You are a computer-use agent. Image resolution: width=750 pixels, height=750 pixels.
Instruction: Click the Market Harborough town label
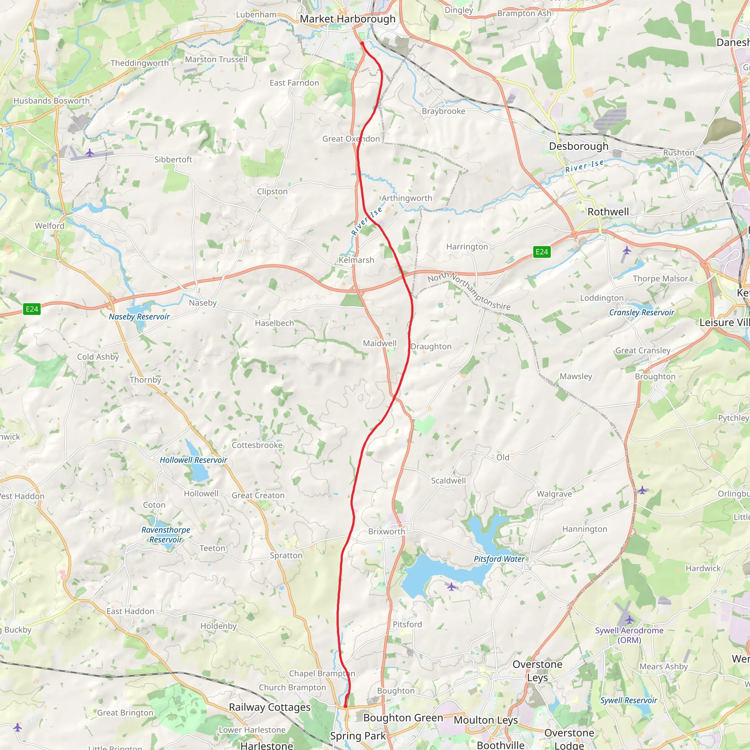pos(348,19)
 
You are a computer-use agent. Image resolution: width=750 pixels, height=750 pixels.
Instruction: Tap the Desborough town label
pos(578,146)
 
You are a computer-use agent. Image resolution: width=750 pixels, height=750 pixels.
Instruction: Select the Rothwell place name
pos(608,212)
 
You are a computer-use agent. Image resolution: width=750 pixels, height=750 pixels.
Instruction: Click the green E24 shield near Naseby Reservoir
pos(32,309)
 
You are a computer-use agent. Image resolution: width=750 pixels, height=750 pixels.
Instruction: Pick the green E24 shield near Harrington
pos(542,252)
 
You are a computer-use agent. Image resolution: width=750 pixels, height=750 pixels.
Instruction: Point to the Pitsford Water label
pos(499,559)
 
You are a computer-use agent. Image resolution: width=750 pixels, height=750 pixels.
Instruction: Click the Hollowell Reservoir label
pos(193,460)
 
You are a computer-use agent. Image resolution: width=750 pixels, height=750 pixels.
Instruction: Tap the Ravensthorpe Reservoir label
pos(166,535)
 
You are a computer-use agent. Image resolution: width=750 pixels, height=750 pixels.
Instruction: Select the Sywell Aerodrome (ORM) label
pos(629,635)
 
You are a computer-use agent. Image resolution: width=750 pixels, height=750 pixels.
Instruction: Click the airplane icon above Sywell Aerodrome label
pos(629,619)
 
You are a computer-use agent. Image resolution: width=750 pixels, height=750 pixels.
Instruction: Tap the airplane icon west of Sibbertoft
pos(90,153)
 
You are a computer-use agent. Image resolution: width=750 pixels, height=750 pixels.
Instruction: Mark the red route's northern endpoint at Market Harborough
pos(362,44)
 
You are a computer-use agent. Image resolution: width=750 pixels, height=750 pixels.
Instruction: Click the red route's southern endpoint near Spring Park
pos(345,706)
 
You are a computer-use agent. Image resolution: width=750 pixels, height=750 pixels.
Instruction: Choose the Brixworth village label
pos(386,531)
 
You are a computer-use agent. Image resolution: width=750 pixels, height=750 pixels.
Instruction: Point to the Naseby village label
pos(203,303)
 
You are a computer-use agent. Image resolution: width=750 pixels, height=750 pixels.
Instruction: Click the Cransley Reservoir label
pos(641,312)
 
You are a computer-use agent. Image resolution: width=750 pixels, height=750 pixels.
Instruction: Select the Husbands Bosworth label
pos(52,101)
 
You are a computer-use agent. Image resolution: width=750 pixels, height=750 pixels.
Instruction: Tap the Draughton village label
pos(431,347)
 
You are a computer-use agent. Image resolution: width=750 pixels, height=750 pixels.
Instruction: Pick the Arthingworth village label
pos(406,198)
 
